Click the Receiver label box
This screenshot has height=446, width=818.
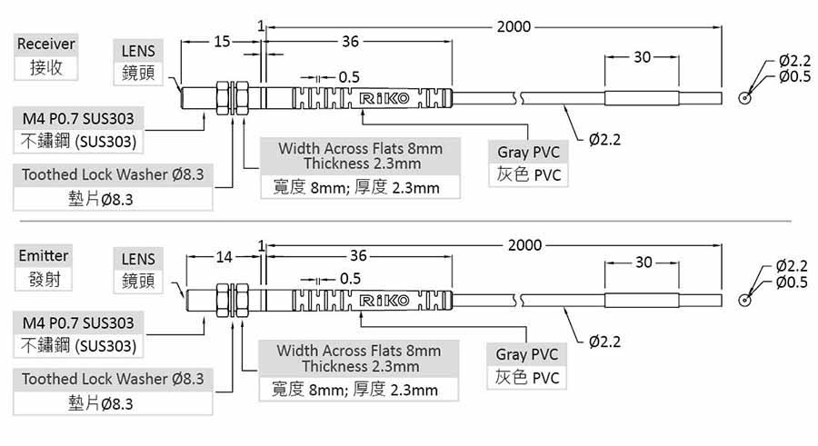[x=45, y=44]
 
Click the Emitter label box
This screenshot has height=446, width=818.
[x=44, y=256]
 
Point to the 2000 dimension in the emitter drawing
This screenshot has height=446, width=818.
[x=524, y=245]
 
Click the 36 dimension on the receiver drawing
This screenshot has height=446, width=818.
[x=350, y=42]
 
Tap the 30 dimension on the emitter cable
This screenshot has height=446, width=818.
[x=643, y=262]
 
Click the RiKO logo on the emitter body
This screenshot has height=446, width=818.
[x=384, y=300]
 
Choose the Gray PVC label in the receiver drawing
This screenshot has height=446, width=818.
[x=528, y=152]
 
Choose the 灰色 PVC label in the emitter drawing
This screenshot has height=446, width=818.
[x=527, y=377]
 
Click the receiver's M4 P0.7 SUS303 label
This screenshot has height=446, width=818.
[x=77, y=118]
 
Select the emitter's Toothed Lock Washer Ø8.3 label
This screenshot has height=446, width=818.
[x=113, y=378]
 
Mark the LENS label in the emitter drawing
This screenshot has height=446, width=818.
[x=138, y=259]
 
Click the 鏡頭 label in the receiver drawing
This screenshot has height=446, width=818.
[x=138, y=73]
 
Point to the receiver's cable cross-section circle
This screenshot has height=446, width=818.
[x=746, y=97]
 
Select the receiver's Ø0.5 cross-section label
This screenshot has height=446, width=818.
[x=793, y=76]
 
